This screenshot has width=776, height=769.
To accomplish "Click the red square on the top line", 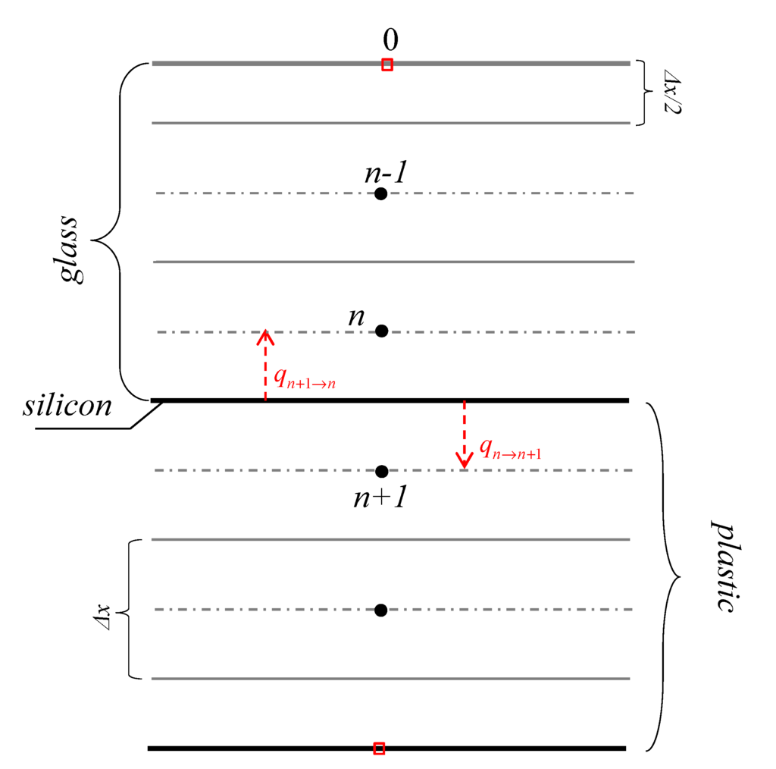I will (387, 64).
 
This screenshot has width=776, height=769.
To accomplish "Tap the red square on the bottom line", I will (379, 749).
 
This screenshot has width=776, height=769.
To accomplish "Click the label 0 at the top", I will (390, 40).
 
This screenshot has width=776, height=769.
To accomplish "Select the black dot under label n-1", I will (381, 193).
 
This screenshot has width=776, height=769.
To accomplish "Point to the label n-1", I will (386, 173).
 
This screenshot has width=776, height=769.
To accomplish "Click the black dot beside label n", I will (382, 331).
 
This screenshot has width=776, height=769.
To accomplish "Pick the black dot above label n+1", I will (381, 471).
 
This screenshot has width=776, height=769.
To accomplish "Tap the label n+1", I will (381, 497).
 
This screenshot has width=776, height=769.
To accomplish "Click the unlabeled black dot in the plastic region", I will (381, 610).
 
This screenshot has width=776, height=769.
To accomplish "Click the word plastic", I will (723, 566).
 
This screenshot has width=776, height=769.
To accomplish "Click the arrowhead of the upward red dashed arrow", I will (264, 336).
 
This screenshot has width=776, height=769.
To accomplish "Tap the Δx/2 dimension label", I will (671, 92).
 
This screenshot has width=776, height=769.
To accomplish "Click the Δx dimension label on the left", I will (103, 610).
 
